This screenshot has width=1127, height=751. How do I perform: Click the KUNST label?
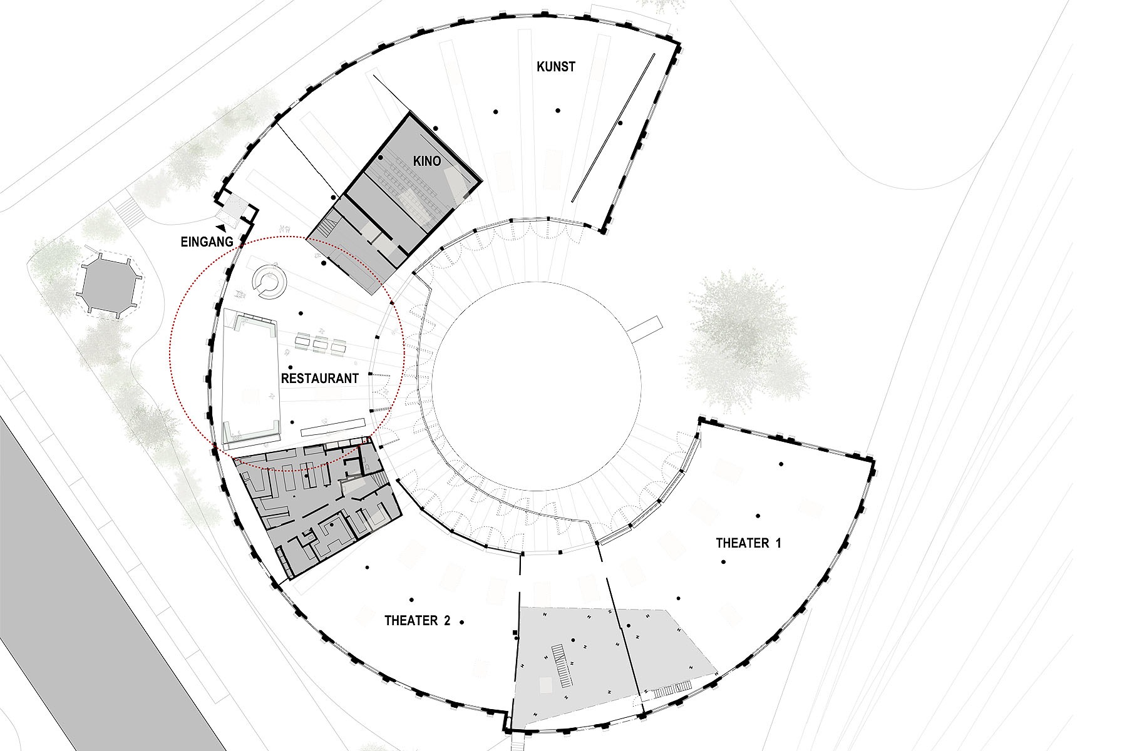click(x=556, y=66)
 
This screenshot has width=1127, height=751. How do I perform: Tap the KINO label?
click(x=427, y=161)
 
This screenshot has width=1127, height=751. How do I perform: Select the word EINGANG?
click(x=207, y=241)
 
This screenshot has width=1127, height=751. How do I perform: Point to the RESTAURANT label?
click(x=319, y=379)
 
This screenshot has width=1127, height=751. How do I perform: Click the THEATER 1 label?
click(x=748, y=543)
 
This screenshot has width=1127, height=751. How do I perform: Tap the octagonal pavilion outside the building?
click(x=108, y=284)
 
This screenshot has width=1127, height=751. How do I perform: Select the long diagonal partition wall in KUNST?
click(x=613, y=128)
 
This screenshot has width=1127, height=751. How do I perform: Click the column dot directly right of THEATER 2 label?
click(x=462, y=622)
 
